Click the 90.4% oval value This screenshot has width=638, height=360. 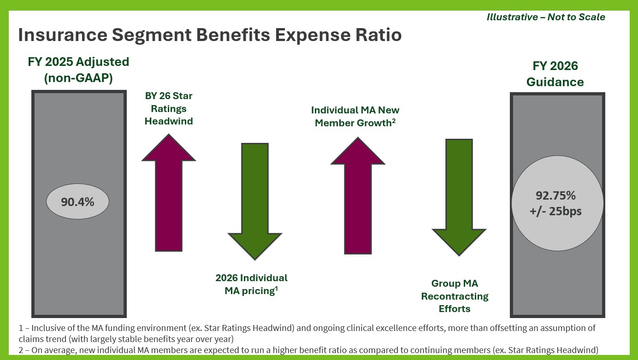pyautogui.click(x=77, y=201)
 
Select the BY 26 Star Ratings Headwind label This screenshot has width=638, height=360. pyautogui.click(x=168, y=109)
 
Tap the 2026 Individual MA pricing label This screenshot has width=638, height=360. pyautogui.click(x=251, y=284)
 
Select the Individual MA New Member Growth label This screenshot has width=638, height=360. pyautogui.click(x=355, y=117)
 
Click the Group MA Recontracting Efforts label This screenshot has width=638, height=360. pyautogui.click(x=455, y=296)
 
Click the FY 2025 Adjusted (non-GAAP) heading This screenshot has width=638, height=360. pyautogui.click(x=78, y=70)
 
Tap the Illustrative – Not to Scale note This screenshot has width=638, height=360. pyautogui.click(x=546, y=17)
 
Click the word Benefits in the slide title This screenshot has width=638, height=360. pyautogui.click(x=222, y=35)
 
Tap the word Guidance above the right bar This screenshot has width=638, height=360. pyautogui.click(x=555, y=82)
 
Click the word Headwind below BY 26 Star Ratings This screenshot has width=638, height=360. pyautogui.click(x=168, y=121)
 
